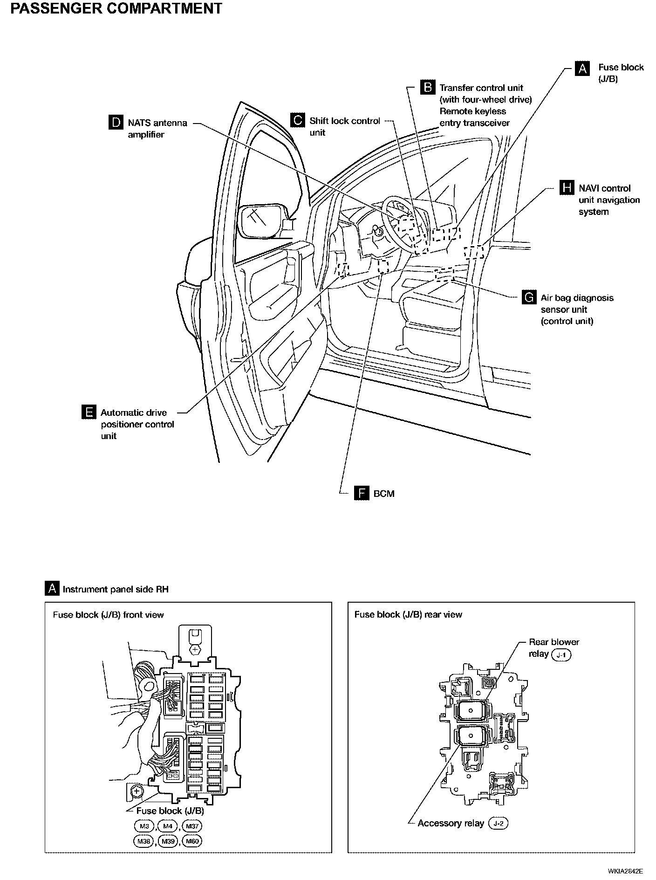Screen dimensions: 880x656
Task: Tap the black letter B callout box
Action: [427, 87]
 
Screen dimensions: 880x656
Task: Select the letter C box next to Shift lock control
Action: [297, 120]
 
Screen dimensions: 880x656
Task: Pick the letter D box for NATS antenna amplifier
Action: [116, 123]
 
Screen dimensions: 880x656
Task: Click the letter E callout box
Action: [88, 412]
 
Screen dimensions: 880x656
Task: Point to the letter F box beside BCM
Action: [362, 493]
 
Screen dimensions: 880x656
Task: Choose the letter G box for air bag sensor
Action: [529, 297]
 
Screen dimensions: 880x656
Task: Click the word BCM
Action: [384, 494]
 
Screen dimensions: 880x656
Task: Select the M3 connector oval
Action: [144, 826]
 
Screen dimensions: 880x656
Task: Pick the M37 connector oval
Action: [192, 826]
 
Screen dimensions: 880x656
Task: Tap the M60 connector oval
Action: [192, 841]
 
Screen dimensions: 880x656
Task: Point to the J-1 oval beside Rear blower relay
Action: [561, 655]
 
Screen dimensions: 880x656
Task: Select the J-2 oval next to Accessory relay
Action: [498, 824]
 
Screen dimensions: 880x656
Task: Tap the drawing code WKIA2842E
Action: [625, 871]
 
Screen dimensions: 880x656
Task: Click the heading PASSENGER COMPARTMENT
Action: [116, 8]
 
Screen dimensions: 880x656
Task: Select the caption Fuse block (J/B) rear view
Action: [408, 614]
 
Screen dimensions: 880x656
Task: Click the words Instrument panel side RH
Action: [116, 589]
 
